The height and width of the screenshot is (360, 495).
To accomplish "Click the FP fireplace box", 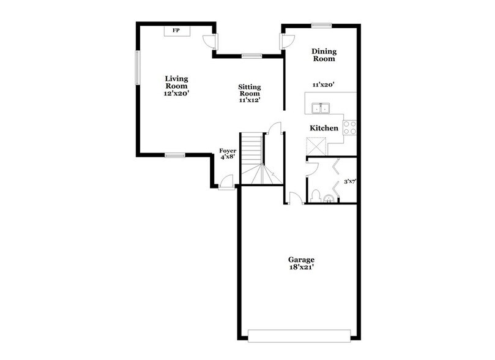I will tap(176, 31).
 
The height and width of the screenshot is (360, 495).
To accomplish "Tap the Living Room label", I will tap(176, 86).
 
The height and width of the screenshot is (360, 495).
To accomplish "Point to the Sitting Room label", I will tap(249, 93).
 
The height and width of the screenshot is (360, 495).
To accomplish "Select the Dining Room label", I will tap(323, 55).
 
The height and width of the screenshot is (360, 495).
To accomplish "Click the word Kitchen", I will tap(324, 128).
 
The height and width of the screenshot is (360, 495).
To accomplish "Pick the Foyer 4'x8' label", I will tap(228, 153).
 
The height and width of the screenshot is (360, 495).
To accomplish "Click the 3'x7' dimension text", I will tap(349, 181).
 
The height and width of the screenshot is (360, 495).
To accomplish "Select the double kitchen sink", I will tap(321, 109).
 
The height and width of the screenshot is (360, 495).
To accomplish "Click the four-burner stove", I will tap(349, 127).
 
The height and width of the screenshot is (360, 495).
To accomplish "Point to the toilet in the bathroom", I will tap(315, 195).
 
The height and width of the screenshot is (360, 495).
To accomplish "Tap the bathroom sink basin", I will tap(330, 198).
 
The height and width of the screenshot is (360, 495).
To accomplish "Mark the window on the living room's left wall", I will tap(138, 67).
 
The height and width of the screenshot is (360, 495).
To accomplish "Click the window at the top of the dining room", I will tap(321, 25).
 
